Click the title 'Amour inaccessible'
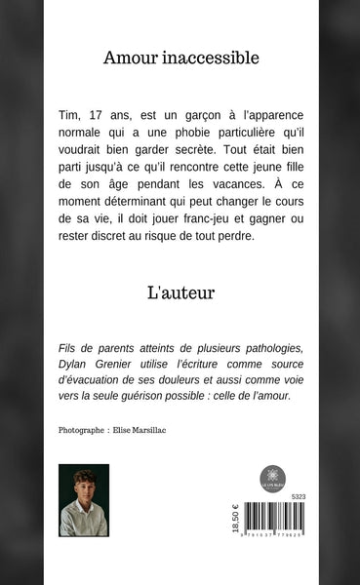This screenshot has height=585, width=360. point(180,58)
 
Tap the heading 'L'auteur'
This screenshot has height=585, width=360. point(180,291)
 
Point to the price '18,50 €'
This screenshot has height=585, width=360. point(233,527)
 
